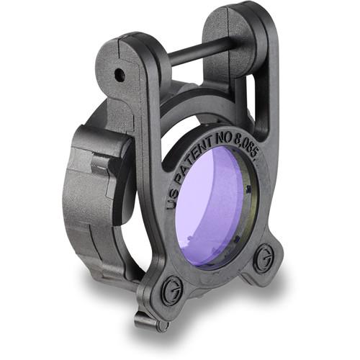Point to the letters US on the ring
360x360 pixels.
click(172, 198)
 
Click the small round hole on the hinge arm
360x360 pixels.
click(120, 73)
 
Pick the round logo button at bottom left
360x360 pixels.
click(171, 289)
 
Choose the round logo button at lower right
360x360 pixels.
click(264, 256)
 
